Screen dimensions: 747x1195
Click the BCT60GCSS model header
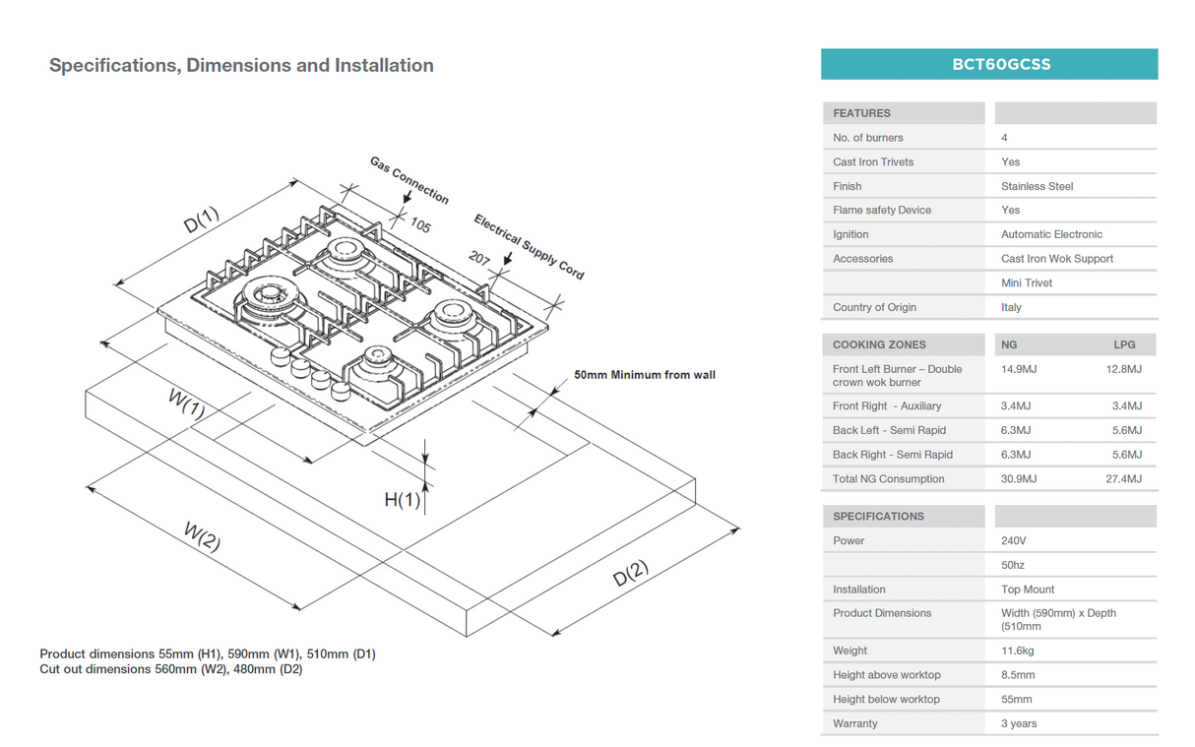tap(988, 65)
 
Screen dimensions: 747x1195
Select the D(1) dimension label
tap(202, 219)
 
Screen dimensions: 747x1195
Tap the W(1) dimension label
tap(186, 404)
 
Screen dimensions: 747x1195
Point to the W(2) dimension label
tap(202, 536)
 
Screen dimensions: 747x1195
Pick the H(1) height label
tap(402, 500)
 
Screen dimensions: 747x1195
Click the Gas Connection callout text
tap(409, 179)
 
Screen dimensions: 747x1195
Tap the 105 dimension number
tap(420, 225)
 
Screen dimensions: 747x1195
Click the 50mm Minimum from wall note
tap(645, 375)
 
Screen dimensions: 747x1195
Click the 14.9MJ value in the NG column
tap(1016, 369)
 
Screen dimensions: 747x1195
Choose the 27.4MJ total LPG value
tap(1123, 479)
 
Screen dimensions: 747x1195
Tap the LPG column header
tap(1123, 344)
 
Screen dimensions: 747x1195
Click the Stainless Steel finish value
tap(1037, 186)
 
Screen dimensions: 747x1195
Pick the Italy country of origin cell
tap(1011, 307)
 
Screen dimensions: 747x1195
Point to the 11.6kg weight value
tap(1018, 651)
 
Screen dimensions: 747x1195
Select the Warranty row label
tap(854, 723)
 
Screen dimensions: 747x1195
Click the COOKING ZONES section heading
tap(879, 344)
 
